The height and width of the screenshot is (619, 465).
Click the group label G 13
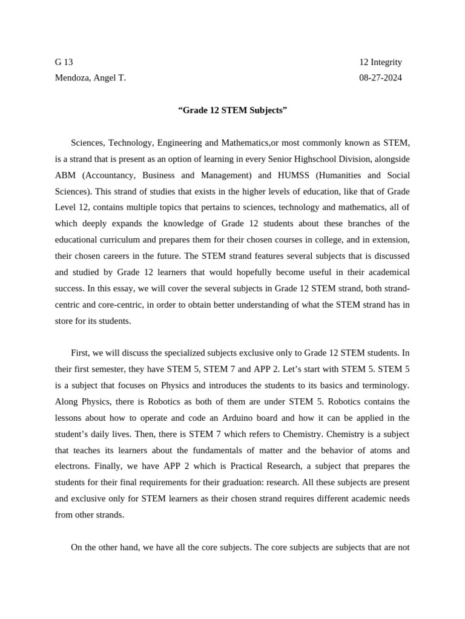pyautogui.click(x=64, y=62)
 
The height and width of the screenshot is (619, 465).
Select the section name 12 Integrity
pyautogui.click(x=380, y=62)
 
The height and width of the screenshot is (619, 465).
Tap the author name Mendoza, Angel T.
pyautogui.click(x=91, y=78)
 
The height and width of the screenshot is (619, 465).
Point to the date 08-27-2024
pyautogui.click(x=380, y=78)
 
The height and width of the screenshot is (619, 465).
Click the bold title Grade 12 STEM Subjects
pyautogui.click(x=232, y=110)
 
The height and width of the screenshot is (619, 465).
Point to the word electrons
pyautogui.click(x=73, y=466)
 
